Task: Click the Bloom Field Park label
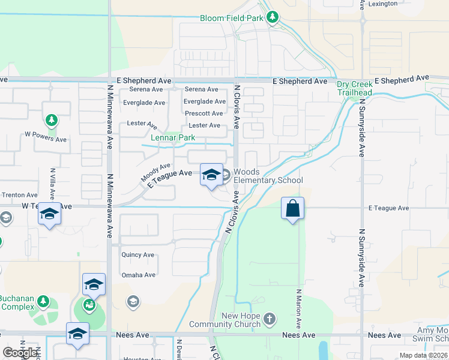tap(232, 19)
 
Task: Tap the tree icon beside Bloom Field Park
tap(273, 17)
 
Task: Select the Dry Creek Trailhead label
tap(354, 89)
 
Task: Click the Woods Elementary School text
tap(268, 176)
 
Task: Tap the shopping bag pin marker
tap(292, 209)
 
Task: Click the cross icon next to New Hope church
tap(270, 317)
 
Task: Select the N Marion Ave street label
tap(298, 309)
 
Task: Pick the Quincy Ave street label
tap(138, 254)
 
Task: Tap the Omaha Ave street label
tap(138, 275)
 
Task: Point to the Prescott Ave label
tap(204, 113)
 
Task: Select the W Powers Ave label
tap(46, 139)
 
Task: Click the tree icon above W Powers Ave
tap(52, 121)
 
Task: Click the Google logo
tap(21, 352)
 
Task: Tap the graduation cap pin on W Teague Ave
tap(49, 214)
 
